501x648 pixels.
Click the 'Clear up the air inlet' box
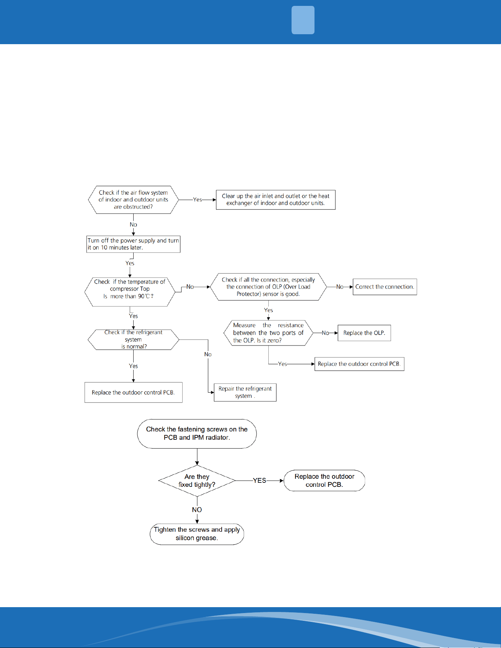coord(276,199)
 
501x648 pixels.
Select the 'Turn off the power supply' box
coord(133,244)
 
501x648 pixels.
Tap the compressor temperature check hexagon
coord(130,289)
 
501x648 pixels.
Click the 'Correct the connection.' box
coord(385,287)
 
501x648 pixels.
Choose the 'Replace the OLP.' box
coord(364,333)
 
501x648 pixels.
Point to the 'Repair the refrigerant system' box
coord(245,392)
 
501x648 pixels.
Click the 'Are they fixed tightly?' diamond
coord(197,481)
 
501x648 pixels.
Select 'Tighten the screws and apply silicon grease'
coord(197,534)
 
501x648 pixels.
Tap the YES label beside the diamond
coord(260,481)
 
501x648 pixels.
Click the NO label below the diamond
coord(197,510)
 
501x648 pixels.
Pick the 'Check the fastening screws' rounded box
coord(197,433)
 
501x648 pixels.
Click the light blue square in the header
coord(303,20)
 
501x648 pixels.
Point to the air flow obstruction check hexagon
coord(133,199)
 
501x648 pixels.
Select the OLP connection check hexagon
coord(268,287)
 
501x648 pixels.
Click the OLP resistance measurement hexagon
coord(268,333)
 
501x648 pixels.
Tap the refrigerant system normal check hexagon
coord(133,339)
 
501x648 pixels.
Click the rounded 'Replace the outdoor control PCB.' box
coord(324,481)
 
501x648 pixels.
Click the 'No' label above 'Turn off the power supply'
coord(133,224)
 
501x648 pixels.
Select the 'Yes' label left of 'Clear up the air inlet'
coord(198,199)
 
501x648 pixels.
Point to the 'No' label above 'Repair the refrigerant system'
coord(208,354)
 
